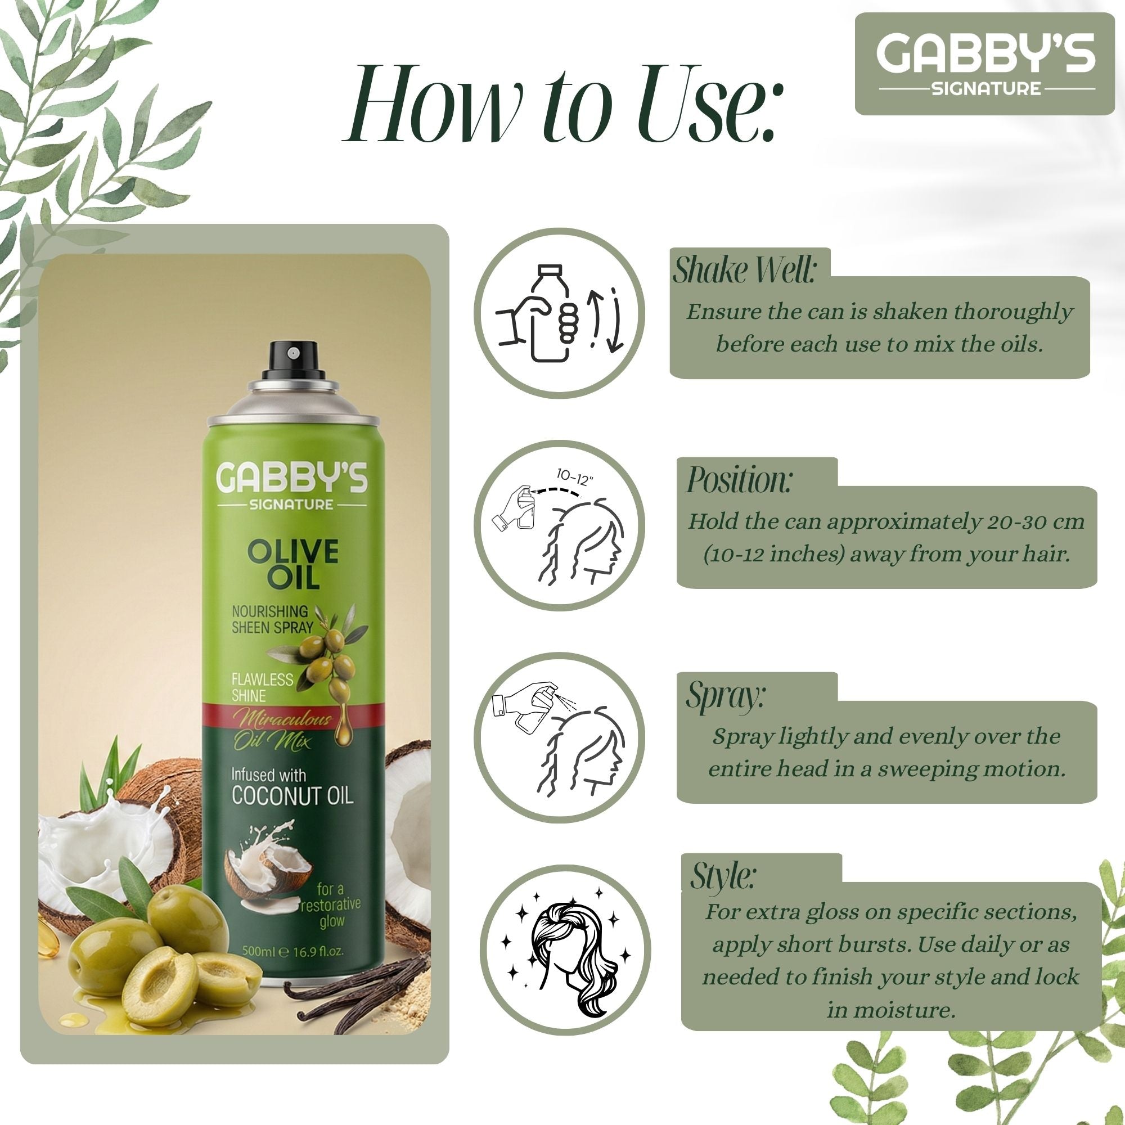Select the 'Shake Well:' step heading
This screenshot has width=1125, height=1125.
point(744,271)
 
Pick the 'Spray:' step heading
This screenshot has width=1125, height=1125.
point(725,695)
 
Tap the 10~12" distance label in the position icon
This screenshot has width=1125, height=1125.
point(574,476)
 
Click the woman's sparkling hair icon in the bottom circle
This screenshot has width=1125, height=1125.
point(567,955)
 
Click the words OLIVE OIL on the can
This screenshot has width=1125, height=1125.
point(293,564)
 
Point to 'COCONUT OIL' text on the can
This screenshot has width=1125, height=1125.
point(292,796)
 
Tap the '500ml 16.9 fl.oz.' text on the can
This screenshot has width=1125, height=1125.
point(293,952)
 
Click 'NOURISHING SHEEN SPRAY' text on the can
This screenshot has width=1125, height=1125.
point(271,619)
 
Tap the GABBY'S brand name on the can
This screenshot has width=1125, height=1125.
point(292,478)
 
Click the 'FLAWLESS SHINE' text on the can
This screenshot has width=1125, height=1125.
point(262,687)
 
